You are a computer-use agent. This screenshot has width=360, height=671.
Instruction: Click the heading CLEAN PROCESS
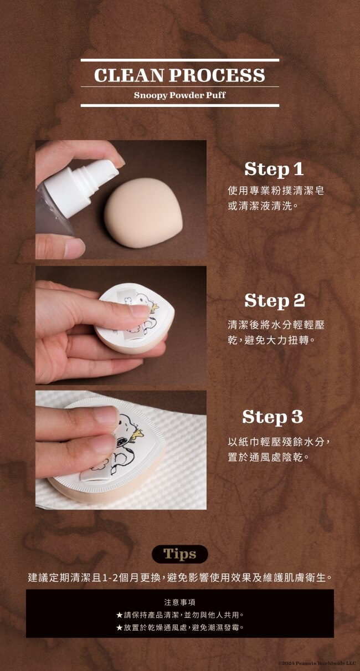tap(179, 75)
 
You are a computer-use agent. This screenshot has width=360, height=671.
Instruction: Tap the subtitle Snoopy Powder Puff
tap(179, 95)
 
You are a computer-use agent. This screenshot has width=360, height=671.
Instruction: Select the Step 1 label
tap(274, 169)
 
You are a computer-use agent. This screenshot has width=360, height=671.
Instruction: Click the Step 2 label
tap(275, 300)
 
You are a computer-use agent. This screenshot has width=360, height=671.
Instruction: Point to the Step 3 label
tap(272, 417)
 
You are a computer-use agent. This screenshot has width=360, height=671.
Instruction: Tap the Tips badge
tap(179, 554)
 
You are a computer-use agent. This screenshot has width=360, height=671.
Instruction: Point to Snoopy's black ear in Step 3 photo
tap(121, 441)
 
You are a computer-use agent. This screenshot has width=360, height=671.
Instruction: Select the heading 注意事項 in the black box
tap(179, 602)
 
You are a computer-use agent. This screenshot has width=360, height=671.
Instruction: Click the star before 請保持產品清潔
tap(119, 615)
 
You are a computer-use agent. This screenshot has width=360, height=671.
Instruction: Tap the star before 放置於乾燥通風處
tap(119, 627)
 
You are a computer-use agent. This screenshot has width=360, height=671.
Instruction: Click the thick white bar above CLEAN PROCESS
tap(179, 60)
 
